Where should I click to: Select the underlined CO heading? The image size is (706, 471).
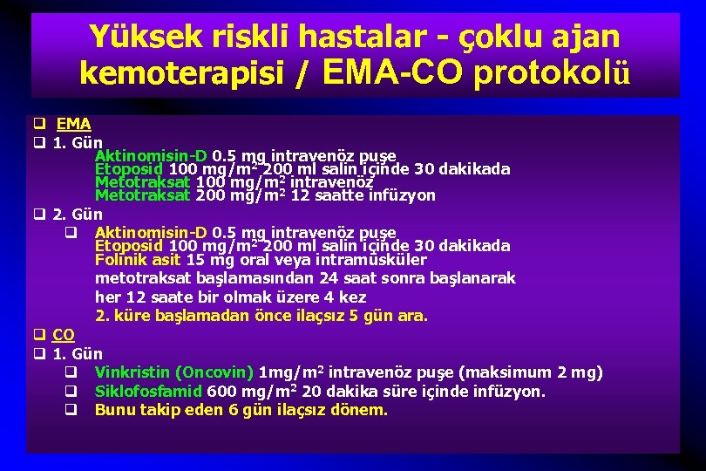[x=64, y=335]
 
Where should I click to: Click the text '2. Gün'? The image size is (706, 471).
[x=78, y=215]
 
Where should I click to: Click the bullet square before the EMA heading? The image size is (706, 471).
[x=39, y=124]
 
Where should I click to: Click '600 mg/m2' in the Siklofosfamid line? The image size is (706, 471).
[x=242, y=392]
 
